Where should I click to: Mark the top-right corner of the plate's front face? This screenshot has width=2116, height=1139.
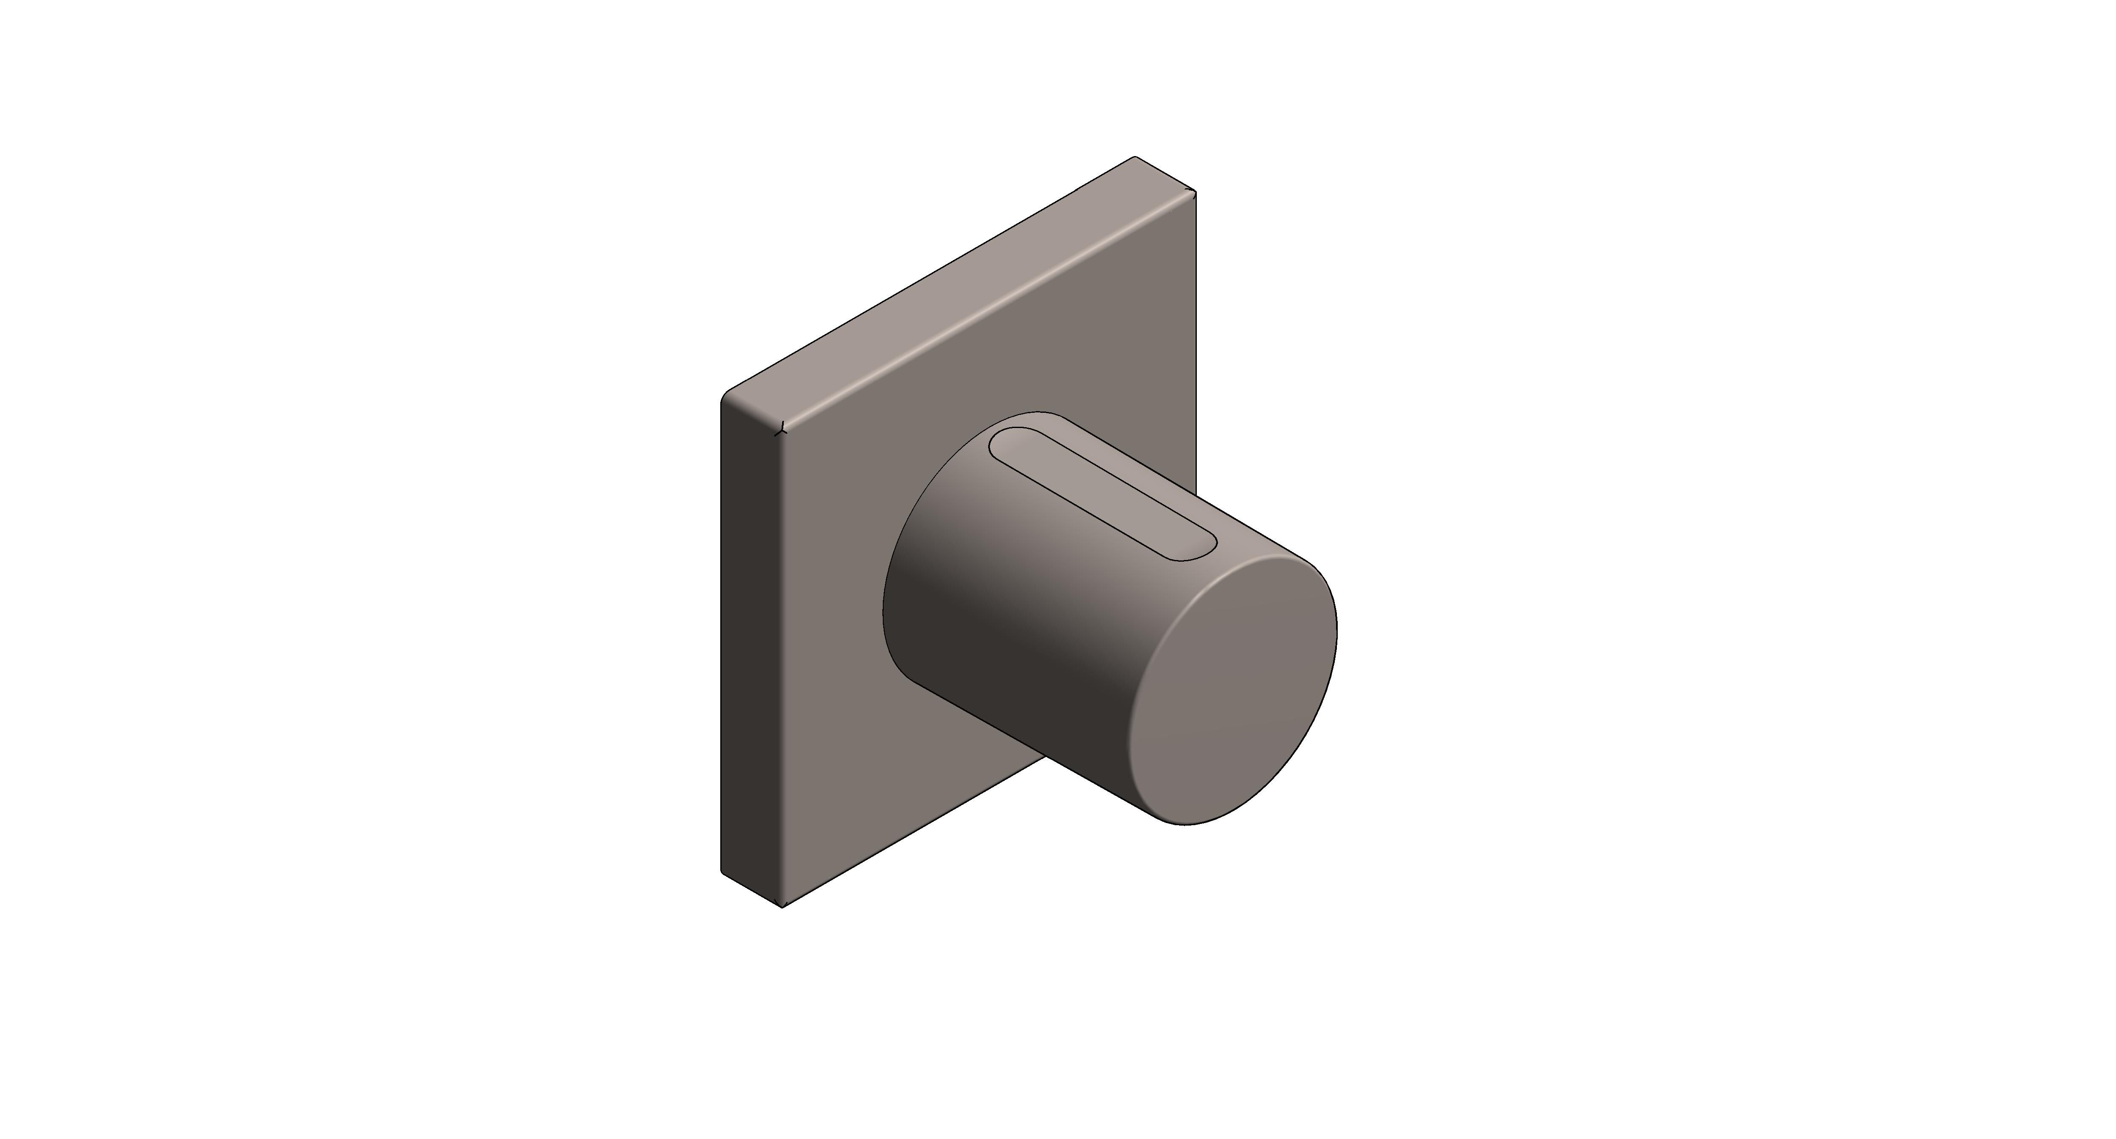(1193, 194)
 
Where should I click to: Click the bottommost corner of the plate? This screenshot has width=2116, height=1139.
(782, 907)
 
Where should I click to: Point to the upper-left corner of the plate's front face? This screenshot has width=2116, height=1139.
(783, 427)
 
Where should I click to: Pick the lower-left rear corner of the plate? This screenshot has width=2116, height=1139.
(723, 870)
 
